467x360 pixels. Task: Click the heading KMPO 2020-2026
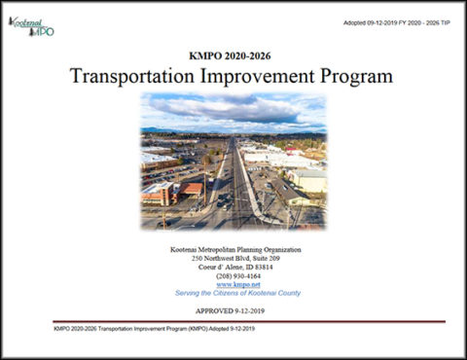click(x=232, y=55)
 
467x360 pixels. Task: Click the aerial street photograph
click(x=233, y=161)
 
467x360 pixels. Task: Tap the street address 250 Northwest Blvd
click(x=216, y=259)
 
